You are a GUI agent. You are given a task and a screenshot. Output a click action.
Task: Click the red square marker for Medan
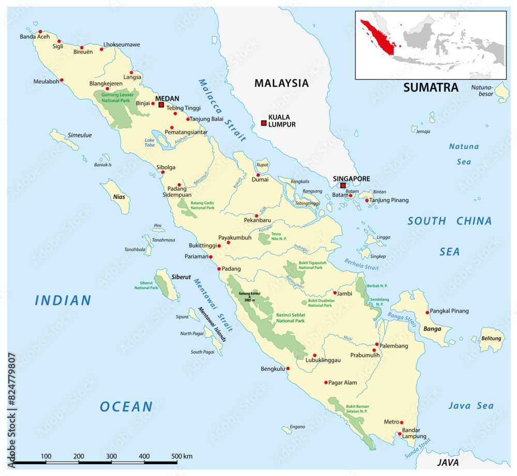(161, 105)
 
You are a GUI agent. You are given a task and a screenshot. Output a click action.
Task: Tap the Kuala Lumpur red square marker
(264, 123)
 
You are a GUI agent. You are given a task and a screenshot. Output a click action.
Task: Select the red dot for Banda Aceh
(40, 31)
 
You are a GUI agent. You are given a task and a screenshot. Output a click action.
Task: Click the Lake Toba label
(149, 142)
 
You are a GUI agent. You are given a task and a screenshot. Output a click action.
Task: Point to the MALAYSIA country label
(281, 83)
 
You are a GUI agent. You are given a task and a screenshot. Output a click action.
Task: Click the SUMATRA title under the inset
(431, 87)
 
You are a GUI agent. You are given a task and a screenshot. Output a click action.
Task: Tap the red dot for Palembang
(377, 344)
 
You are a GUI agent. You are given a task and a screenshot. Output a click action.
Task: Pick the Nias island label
(119, 197)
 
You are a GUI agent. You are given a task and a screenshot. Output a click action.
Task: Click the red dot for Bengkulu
(288, 369)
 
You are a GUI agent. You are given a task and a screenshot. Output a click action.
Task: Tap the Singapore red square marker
(343, 185)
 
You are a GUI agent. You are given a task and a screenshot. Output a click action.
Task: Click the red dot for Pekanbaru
(256, 215)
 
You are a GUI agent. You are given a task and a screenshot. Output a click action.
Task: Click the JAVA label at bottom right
(448, 462)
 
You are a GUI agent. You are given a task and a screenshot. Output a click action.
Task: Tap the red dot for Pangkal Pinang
(427, 312)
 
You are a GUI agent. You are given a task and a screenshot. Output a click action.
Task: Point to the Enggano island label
(297, 427)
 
